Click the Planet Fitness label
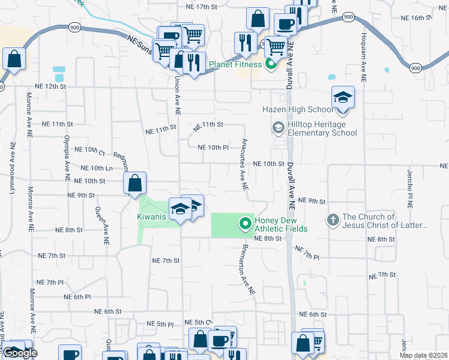[235, 64]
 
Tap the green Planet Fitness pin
[271, 63]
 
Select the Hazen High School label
[297, 109]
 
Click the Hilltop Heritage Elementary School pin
[278, 127]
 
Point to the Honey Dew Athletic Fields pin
[245, 224]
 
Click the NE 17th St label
[201, 7]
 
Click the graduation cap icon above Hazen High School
[343, 97]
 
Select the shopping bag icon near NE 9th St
[136, 183]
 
